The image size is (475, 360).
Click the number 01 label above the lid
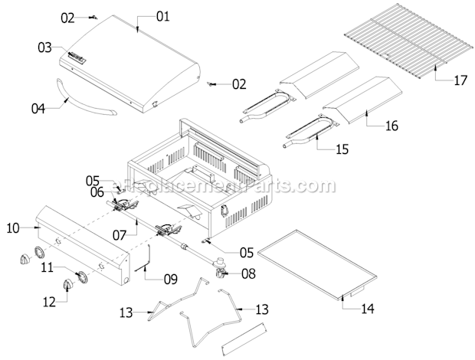click(x=164, y=15)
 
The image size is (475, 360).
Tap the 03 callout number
click(x=45, y=48)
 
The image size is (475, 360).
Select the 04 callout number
click(x=38, y=108)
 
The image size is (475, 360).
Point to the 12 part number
click(x=50, y=302)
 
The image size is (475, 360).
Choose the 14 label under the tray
click(x=369, y=309)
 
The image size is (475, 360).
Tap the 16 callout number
click(x=391, y=126)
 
